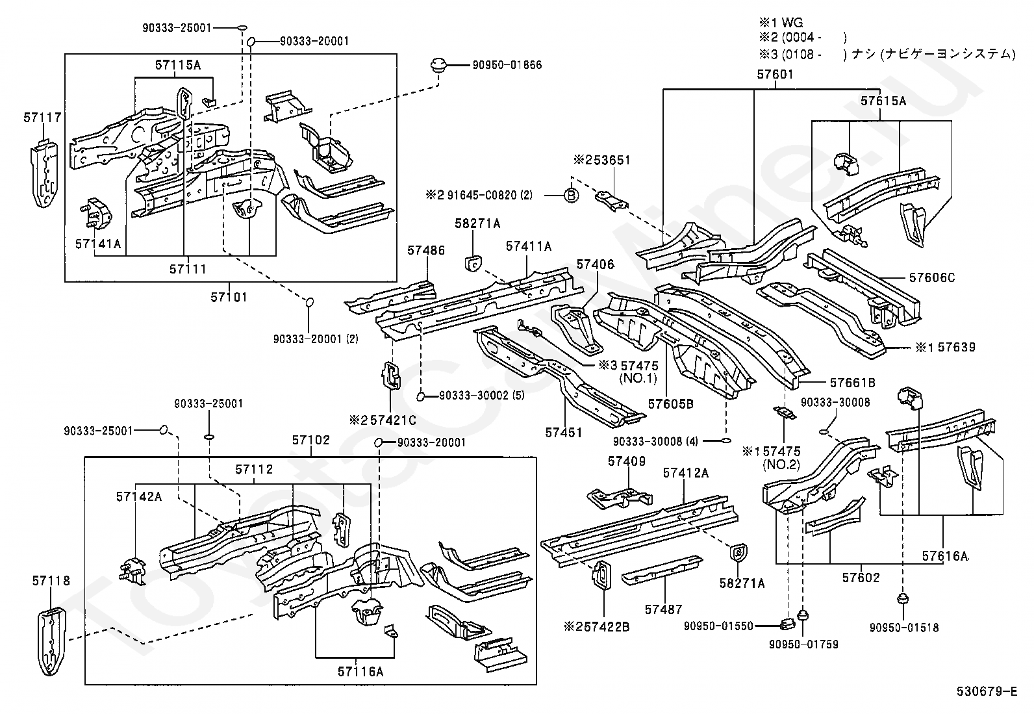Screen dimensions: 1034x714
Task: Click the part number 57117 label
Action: [42, 118]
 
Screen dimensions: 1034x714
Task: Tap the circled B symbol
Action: [572, 196]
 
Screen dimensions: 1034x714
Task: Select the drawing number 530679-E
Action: [987, 691]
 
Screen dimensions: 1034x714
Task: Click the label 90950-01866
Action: [507, 65]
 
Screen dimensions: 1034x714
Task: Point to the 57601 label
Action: [775, 74]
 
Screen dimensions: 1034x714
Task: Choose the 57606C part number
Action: [932, 277]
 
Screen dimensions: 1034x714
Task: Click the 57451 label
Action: [564, 433]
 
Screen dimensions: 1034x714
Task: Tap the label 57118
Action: [51, 581]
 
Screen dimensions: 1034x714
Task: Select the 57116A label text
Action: [360, 672]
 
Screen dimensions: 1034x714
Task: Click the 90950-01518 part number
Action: [904, 628]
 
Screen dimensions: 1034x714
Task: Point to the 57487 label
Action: [663, 609]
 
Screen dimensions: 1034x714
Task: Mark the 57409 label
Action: [626, 461]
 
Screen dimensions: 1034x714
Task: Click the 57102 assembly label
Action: [311, 440]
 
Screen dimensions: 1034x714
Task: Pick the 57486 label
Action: [426, 250]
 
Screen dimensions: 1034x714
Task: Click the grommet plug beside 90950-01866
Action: [438, 65]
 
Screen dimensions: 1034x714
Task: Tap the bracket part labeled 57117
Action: [45, 173]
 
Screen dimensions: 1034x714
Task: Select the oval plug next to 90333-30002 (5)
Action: [420, 396]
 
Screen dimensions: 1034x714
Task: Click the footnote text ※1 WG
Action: [781, 22]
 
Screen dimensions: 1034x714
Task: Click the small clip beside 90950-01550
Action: [787, 624]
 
